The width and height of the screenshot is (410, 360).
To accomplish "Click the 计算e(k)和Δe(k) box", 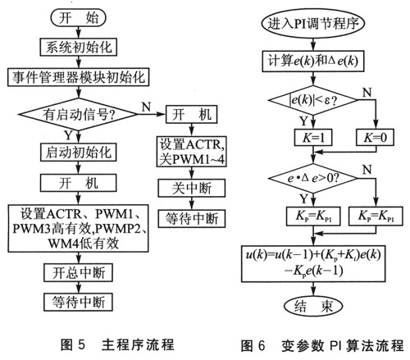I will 314,59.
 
